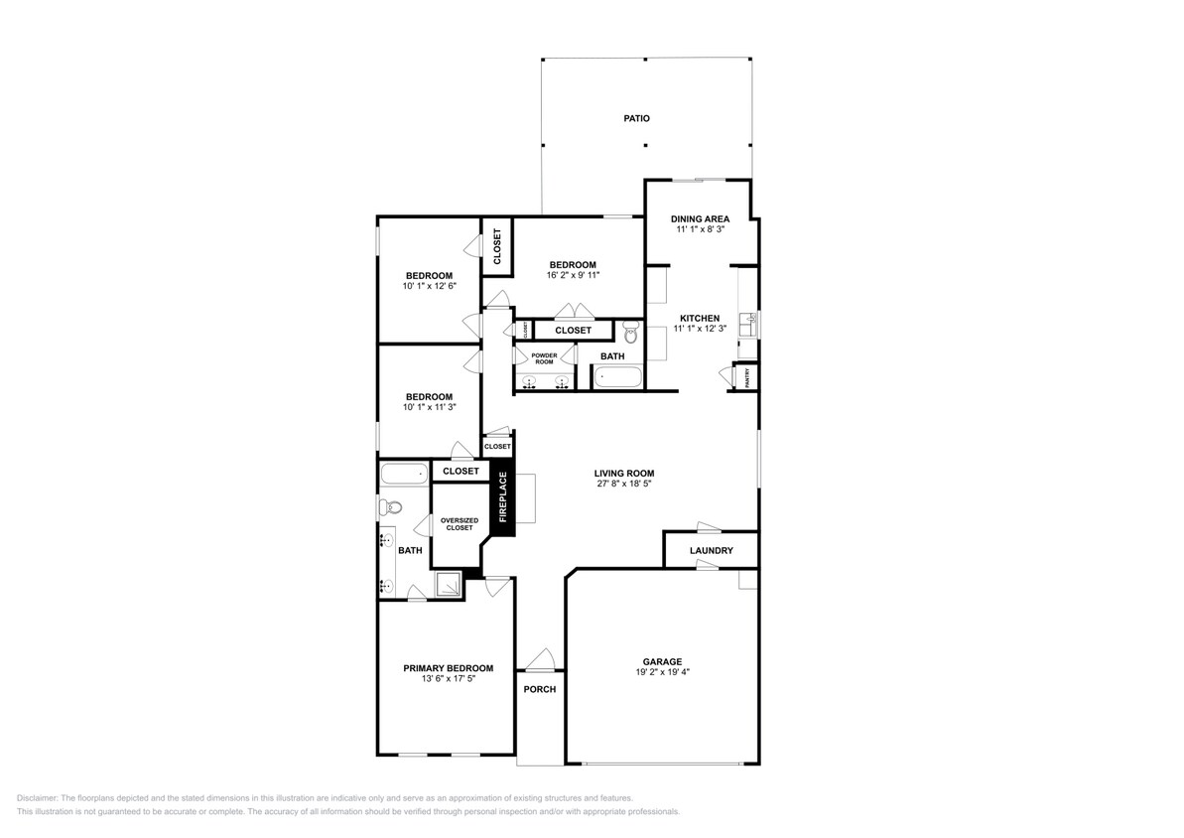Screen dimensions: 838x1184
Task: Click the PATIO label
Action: coord(636,118)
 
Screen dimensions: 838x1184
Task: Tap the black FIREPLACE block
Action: coord(502,497)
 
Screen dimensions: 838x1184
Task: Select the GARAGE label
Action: coord(662,661)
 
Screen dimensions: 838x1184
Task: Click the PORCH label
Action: coord(540,689)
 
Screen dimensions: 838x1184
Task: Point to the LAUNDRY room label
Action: coord(712,550)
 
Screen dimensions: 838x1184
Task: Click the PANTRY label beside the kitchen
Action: coord(745,377)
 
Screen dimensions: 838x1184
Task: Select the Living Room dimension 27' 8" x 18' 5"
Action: coord(624,485)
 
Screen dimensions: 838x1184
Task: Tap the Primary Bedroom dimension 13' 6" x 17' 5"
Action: coord(448,679)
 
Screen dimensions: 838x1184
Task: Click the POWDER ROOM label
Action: coord(544,358)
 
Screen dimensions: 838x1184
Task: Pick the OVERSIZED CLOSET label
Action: coord(459,523)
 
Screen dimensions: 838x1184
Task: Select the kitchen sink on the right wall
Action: coord(751,321)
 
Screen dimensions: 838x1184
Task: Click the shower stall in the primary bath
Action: coord(449,585)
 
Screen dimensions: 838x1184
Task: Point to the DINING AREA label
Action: coord(700,218)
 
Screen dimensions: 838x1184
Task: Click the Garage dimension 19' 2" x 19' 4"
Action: coord(662,672)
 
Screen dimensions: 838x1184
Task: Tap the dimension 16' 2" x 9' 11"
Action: coord(573,275)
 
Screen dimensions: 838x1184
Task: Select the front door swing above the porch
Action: coord(540,658)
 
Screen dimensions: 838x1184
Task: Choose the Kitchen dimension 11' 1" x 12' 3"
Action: coord(700,329)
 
